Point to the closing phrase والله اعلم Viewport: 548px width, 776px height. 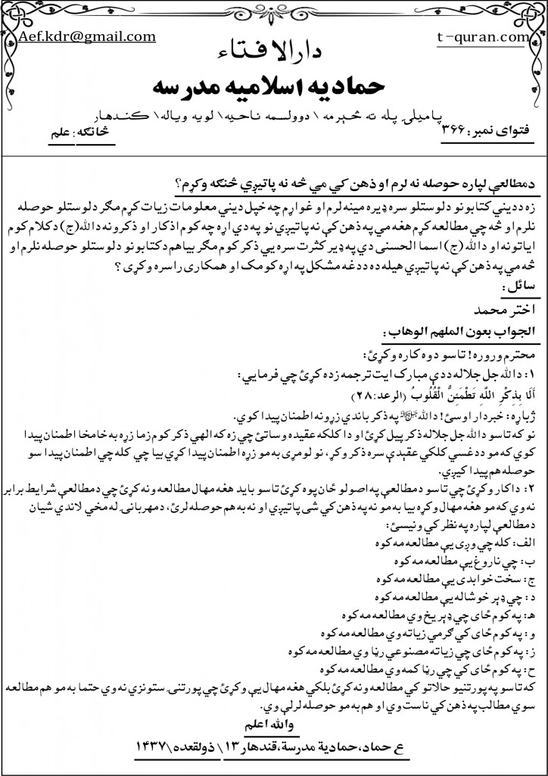(x=279, y=707)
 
